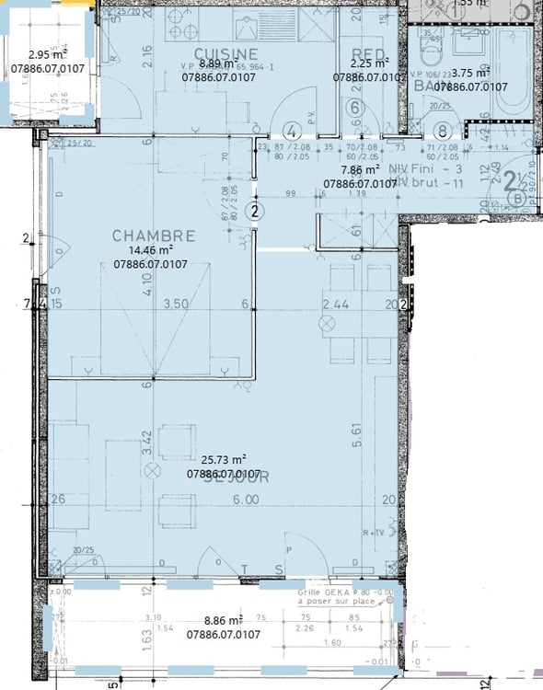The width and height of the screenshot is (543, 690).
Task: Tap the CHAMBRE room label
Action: pyautogui.click(x=154, y=236)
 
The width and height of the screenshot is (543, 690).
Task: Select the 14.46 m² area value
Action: pyautogui.click(x=151, y=251)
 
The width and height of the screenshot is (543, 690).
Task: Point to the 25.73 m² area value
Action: pyautogui.click(x=224, y=460)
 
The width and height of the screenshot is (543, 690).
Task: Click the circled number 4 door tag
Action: pyautogui.click(x=293, y=130)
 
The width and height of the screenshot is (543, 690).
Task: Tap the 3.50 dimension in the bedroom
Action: pyautogui.click(x=175, y=303)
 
